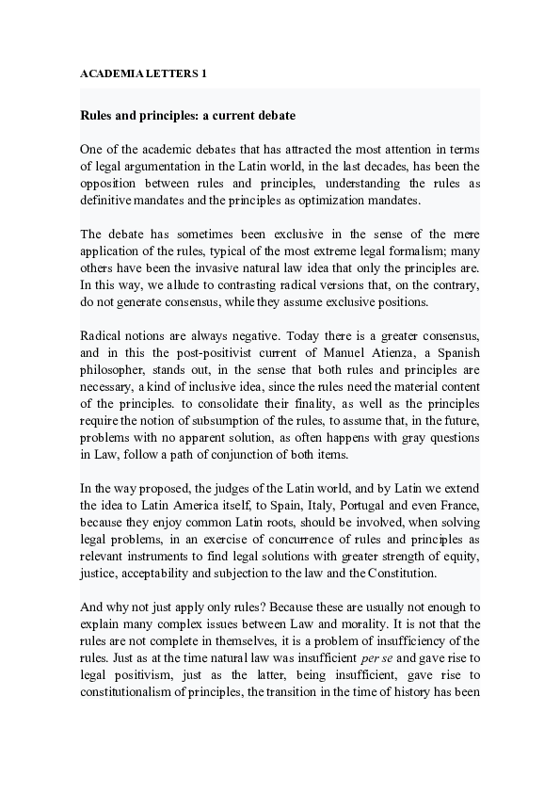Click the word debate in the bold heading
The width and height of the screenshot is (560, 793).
tap(272, 116)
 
